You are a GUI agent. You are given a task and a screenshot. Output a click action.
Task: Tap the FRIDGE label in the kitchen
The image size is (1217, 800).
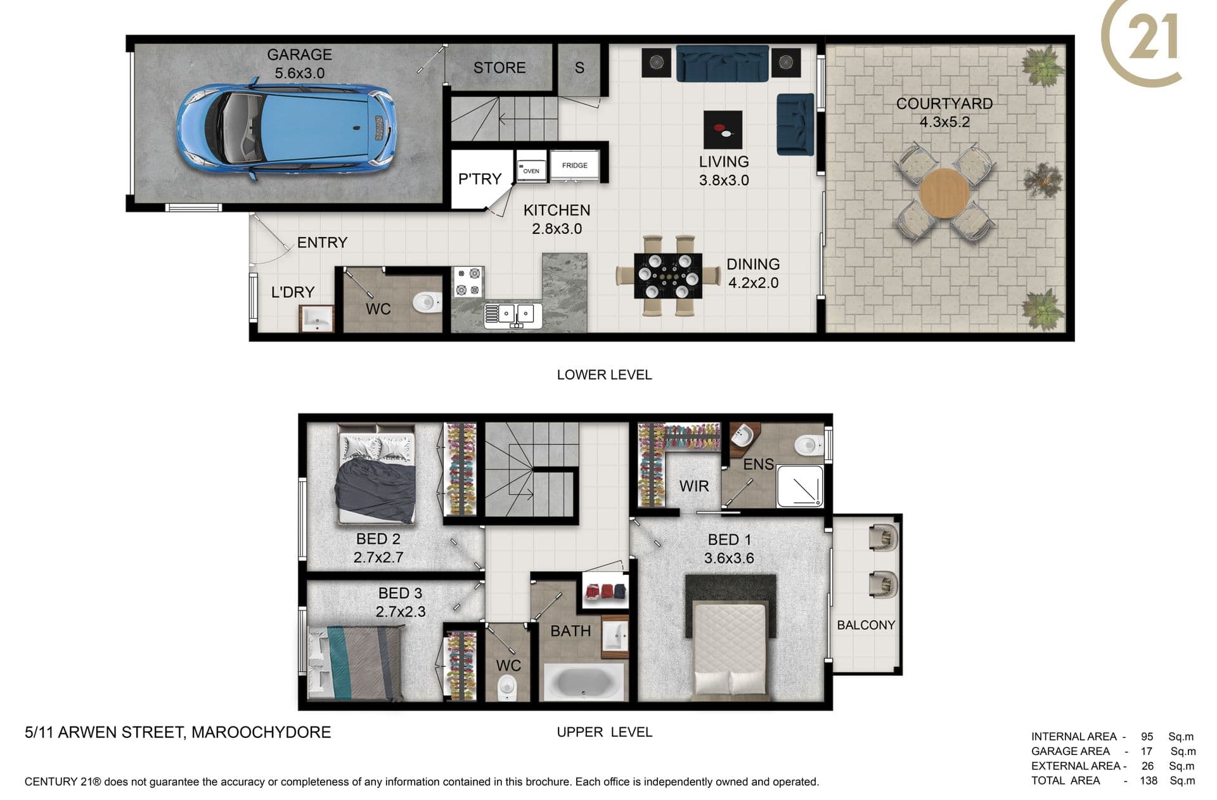(574, 165)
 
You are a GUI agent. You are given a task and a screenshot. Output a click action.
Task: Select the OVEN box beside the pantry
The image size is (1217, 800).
(531, 167)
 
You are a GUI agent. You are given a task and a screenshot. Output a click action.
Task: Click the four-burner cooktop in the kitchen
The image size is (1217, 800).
(468, 282)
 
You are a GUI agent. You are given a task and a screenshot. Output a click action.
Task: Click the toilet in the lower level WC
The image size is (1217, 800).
(427, 301)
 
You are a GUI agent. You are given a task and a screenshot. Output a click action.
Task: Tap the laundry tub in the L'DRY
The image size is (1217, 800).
(316, 319)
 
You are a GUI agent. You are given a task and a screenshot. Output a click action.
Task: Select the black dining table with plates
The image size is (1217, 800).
(668, 276)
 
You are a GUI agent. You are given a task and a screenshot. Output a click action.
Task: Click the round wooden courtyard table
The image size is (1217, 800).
(944, 193)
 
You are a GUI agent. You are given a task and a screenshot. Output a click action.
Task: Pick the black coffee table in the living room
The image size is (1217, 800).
(723, 130)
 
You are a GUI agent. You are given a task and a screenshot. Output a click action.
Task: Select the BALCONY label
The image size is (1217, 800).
(866, 625)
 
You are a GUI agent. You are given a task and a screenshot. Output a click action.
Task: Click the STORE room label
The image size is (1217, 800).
(499, 68)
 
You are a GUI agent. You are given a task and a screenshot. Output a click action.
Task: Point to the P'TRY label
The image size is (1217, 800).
(480, 179)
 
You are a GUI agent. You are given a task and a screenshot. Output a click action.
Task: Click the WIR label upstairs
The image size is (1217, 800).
(694, 486)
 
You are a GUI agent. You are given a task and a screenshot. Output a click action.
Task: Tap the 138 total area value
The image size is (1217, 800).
(1149, 780)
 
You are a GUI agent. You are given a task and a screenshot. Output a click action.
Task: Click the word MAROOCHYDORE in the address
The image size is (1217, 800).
(261, 732)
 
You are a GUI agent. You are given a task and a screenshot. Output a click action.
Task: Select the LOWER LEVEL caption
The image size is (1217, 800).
(604, 375)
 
